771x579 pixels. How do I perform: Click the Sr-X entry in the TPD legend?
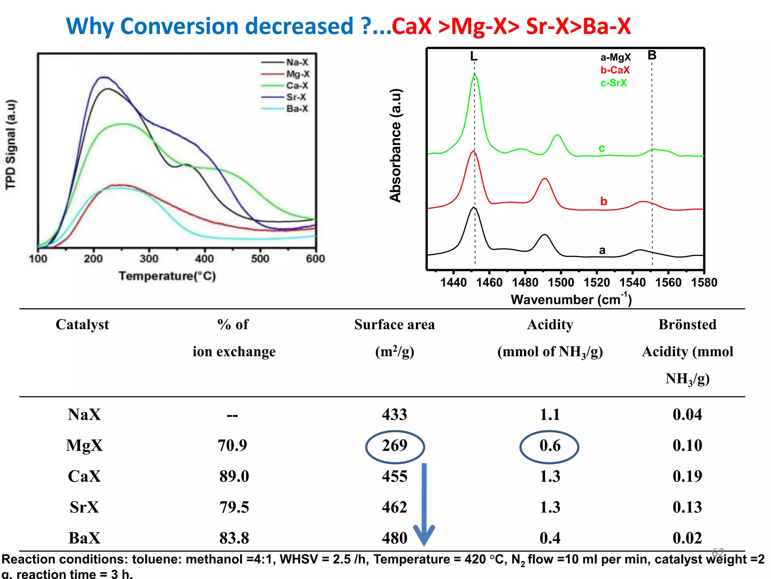coord(296,97)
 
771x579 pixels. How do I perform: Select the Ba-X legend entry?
coord(297,109)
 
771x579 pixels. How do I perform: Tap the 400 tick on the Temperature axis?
coord(204,259)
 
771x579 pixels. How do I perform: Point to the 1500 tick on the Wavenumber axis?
coord(561,282)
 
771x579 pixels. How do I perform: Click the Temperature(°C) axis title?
coord(167,276)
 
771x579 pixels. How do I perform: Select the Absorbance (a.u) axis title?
coord(395,146)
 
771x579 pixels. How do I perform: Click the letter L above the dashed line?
coord(474,57)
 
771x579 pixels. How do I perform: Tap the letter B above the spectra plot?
coord(652,55)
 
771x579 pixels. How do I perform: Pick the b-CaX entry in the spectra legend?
coord(615,70)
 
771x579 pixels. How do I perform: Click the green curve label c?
coord(602,148)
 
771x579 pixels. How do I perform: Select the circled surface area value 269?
coord(395,446)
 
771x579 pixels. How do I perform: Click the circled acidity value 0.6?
coord(550,446)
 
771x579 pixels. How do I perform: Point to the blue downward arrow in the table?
coord(424,505)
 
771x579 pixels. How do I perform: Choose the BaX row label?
coord(84,538)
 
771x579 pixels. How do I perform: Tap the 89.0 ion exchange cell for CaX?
coord(234,476)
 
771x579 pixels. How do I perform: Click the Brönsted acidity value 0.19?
coord(687,476)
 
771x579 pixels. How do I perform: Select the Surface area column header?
coord(394,325)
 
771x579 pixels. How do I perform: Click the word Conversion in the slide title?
coord(236,26)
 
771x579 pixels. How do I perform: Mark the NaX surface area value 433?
coord(395,415)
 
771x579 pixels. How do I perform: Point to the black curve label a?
coord(602,250)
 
